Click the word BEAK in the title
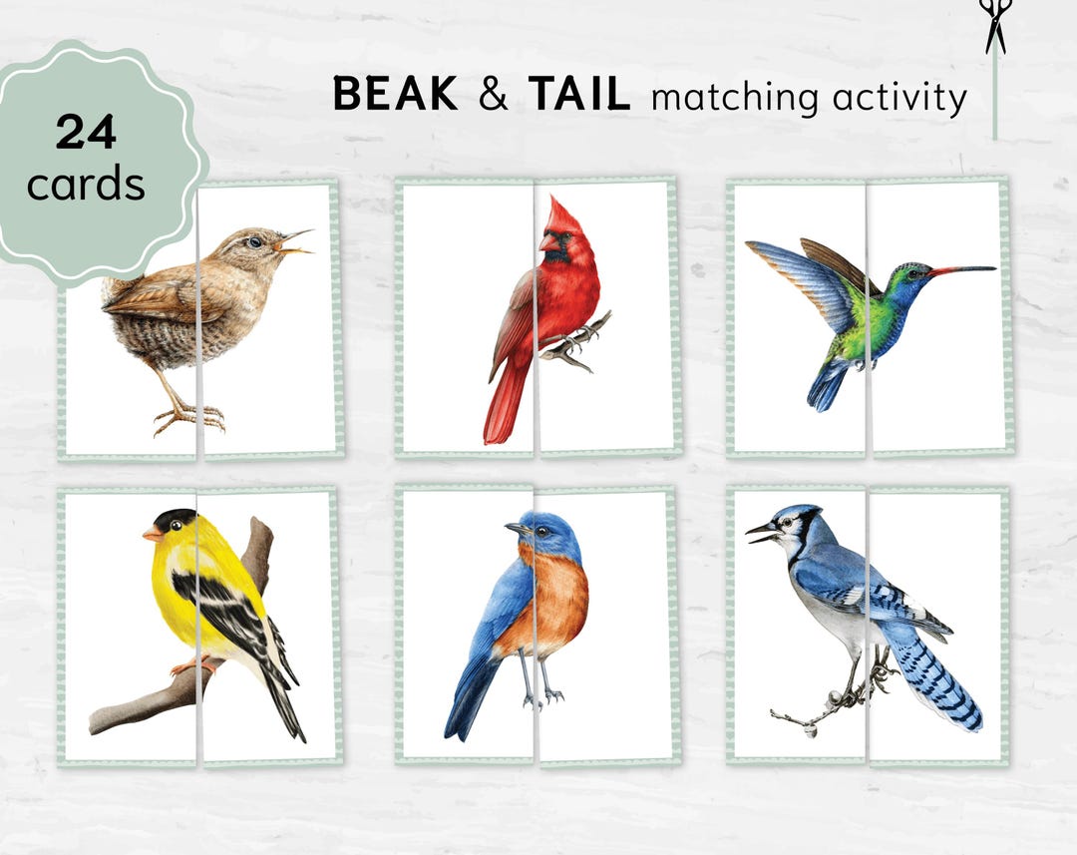(x=395, y=95)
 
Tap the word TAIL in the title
(x=579, y=95)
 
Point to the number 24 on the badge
(x=86, y=132)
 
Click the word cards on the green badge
(x=86, y=185)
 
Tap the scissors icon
(x=993, y=26)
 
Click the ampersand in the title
(x=493, y=95)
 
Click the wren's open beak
(x=296, y=242)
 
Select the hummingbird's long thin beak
(x=961, y=269)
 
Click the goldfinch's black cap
(x=174, y=520)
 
